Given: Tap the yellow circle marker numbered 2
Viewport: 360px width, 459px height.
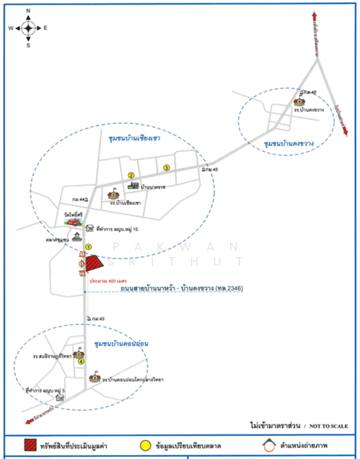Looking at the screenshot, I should (x=131, y=175).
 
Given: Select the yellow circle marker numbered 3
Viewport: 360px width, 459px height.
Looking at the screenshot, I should (x=167, y=168).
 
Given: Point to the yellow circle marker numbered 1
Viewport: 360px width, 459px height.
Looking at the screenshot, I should (x=89, y=246).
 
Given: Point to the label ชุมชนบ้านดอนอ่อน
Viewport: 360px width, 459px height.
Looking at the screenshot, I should (x=119, y=344).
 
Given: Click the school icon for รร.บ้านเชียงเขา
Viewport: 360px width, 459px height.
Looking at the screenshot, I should (x=116, y=196).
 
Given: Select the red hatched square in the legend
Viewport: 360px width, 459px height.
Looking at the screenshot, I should (x=31, y=444).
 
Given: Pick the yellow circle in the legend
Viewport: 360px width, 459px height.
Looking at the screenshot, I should (x=144, y=444).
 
